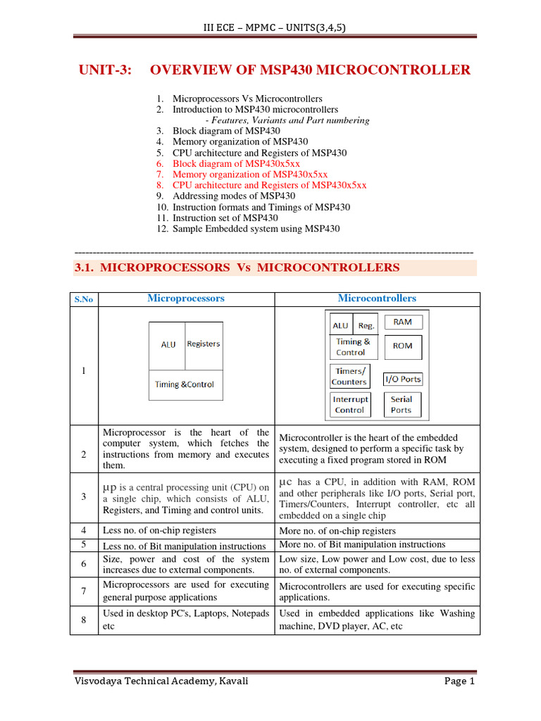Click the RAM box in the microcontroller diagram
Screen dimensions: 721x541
pyautogui.click(x=402, y=322)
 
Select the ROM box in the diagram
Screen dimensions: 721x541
pyautogui.click(x=402, y=346)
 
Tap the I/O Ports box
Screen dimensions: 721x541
pyautogui.click(x=402, y=379)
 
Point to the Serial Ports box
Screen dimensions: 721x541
pyautogui.click(x=401, y=405)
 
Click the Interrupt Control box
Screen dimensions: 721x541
pyautogui.click(x=350, y=405)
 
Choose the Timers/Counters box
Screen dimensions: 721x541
pyautogui.click(x=349, y=377)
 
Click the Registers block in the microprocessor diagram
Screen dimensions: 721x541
pyautogui.click(x=204, y=344)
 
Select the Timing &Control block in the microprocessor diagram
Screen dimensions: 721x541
pyautogui.click(x=185, y=384)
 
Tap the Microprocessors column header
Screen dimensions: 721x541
pyautogui.click(x=186, y=299)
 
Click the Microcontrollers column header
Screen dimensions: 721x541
pyautogui.click(x=377, y=299)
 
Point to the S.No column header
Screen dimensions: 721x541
pyautogui.click(x=84, y=299)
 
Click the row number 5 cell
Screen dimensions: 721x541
pyautogui.click(x=83, y=544)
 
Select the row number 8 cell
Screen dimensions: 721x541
pyautogui.click(x=83, y=620)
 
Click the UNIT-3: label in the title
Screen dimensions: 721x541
pyautogui.click(x=104, y=70)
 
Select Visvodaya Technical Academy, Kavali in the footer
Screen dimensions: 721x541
pyautogui.click(x=162, y=682)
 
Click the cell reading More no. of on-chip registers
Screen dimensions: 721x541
pyautogui.click(x=337, y=531)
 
